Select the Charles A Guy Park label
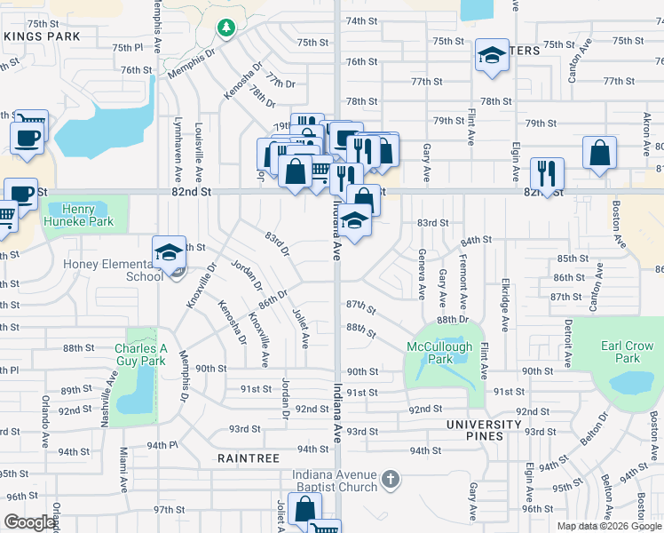click(x=139, y=355)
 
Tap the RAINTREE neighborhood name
click(x=249, y=458)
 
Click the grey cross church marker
click(x=389, y=481)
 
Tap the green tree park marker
click(x=226, y=28)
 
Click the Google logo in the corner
click(x=29, y=522)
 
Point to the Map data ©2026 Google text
click(x=608, y=526)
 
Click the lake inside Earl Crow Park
click(x=631, y=383)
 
